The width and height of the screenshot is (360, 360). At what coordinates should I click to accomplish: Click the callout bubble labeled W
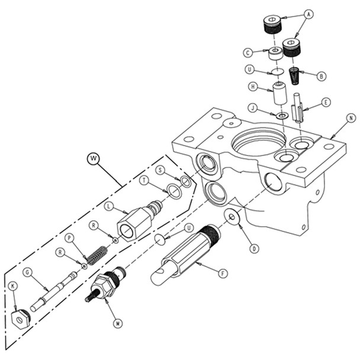[x=94, y=158]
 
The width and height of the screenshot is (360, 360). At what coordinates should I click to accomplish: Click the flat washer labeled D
[x=232, y=217]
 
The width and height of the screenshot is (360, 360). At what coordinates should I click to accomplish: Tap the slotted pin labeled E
[x=298, y=111]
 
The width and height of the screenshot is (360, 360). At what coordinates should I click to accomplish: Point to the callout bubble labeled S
[x=159, y=170]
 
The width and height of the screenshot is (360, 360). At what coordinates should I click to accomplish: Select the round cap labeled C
[x=274, y=53]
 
